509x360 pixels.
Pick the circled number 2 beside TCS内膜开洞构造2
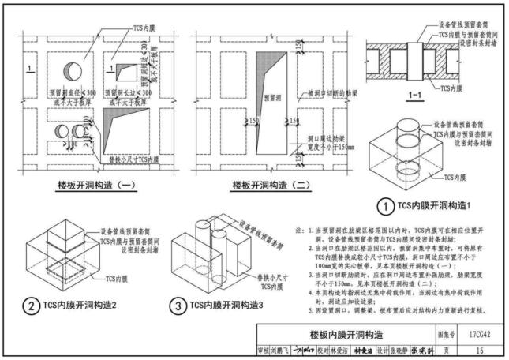(30, 306)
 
